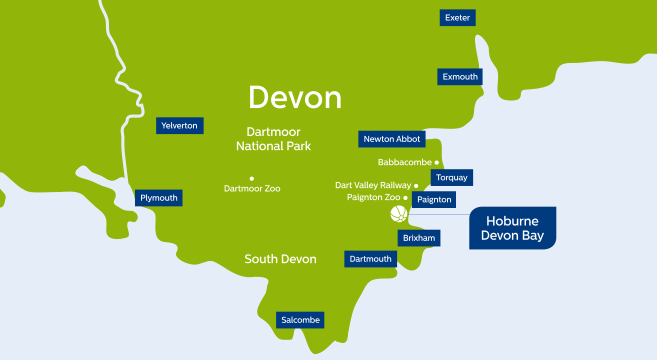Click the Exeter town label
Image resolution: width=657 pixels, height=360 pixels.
(457, 17)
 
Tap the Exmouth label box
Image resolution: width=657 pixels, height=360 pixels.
(460, 76)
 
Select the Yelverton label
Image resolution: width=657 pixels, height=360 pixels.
(179, 125)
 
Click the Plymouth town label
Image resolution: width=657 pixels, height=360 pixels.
(158, 198)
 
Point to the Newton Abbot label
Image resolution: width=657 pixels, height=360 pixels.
(392, 139)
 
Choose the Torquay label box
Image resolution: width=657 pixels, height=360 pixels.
(451, 177)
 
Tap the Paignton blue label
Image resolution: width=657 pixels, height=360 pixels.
(434, 199)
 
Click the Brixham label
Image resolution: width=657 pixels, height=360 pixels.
(419, 238)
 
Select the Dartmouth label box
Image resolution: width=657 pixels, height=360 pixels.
(370, 259)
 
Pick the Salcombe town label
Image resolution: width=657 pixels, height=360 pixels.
(300, 320)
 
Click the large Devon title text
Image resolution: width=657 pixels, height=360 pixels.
(295, 97)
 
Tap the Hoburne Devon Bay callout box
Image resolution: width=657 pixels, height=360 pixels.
(512, 228)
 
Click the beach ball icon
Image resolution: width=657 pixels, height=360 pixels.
(398, 214)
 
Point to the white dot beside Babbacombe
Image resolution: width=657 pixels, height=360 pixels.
(436, 162)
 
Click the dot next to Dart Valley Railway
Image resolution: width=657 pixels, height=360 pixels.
(416, 186)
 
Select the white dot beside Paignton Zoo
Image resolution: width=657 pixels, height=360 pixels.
(405, 198)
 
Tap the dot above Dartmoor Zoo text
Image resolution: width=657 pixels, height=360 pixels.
(252, 178)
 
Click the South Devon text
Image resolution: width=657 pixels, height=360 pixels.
(280, 259)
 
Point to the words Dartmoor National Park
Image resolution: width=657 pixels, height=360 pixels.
(273, 139)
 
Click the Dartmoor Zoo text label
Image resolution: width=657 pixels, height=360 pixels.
(252, 189)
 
